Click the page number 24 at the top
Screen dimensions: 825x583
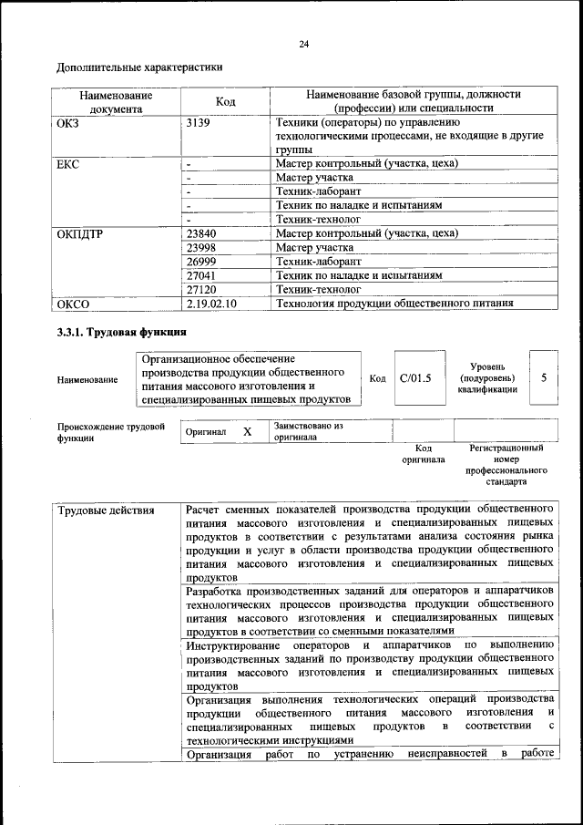pyautogui.click(x=303, y=45)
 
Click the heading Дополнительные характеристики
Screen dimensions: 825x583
pyautogui.click(x=139, y=67)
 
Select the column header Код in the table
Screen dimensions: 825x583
pyautogui.click(x=225, y=101)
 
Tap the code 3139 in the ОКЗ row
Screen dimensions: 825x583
pyautogui.click(x=198, y=122)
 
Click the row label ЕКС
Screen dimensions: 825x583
pyautogui.click(x=69, y=164)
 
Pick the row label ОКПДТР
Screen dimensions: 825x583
pyautogui.click(x=80, y=234)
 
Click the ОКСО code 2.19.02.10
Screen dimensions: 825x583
pyautogui.click(x=210, y=304)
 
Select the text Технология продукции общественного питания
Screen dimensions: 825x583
pyautogui.click(x=394, y=304)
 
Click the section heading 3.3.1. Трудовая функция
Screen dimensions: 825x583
pyautogui.click(x=121, y=332)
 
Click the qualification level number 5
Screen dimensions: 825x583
pyautogui.click(x=543, y=376)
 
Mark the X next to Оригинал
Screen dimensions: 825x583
pyautogui.click(x=247, y=432)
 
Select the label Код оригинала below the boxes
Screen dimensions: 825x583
pyautogui.click(x=423, y=454)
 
